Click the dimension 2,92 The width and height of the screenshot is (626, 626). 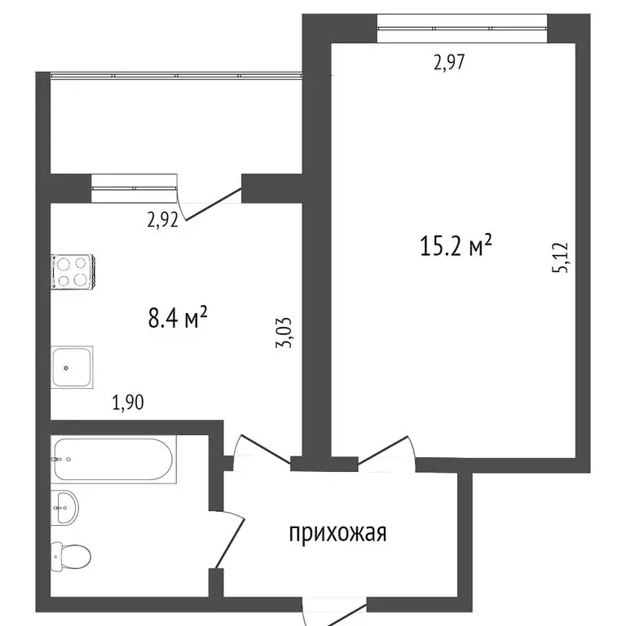[x=162, y=219]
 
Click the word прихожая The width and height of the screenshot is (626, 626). [x=337, y=534]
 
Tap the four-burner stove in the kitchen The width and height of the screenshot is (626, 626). [x=73, y=271]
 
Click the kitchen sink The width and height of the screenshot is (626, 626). [x=72, y=368]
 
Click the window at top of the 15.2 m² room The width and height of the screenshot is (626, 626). [x=461, y=30]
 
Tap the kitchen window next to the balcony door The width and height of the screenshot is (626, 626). [x=134, y=187]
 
